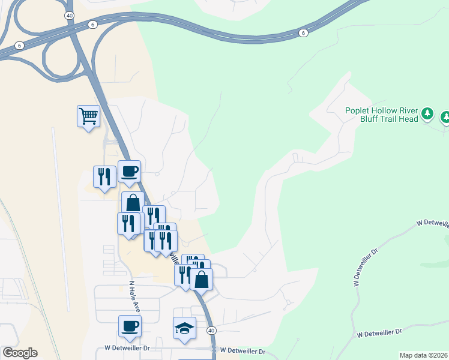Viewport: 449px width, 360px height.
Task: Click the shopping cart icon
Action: click(88, 115)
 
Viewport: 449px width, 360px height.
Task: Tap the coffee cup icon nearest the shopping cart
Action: click(130, 172)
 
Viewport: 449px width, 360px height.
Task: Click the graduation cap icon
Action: click(185, 328)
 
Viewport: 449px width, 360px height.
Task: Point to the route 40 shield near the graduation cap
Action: click(211, 331)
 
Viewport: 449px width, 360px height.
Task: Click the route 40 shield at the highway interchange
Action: click(70, 15)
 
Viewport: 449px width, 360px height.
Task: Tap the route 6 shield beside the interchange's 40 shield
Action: click(92, 24)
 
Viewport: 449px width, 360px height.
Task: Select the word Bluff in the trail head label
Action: click(357, 119)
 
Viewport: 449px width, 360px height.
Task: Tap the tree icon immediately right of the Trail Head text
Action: click(427, 113)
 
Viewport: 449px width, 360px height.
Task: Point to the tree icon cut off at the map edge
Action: click(445, 117)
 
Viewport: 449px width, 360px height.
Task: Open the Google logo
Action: click(20, 353)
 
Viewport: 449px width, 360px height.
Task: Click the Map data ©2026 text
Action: click(423, 355)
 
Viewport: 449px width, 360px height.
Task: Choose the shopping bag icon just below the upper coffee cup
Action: click(133, 203)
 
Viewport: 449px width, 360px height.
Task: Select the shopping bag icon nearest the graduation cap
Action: click(202, 279)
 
